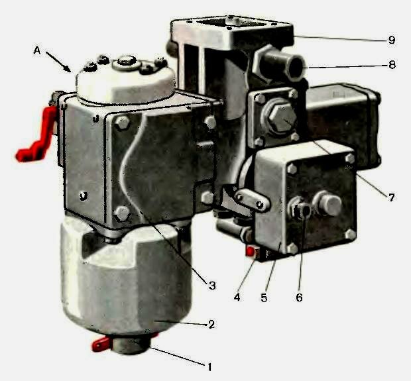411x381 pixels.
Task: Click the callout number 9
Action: click(x=392, y=40)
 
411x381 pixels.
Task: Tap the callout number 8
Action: click(x=392, y=64)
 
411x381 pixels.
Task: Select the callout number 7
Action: click(x=391, y=197)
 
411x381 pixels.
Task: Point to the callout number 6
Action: click(x=299, y=298)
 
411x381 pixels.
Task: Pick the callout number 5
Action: click(x=264, y=298)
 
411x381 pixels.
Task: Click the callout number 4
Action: click(x=237, y=297)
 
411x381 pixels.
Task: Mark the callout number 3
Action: click(x=212, y=286)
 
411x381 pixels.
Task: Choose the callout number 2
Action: click(x=211, y=325)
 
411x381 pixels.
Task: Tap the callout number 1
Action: click(x=209, y=367)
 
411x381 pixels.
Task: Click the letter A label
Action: click(x=37, y=50)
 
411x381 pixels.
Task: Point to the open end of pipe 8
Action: click(x=296, y=67)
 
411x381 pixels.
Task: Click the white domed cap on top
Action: click(x=125, y=80)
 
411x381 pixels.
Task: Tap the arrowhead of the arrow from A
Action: click(x=69, y=70)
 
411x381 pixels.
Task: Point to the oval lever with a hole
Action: click(x=252, y=201)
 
